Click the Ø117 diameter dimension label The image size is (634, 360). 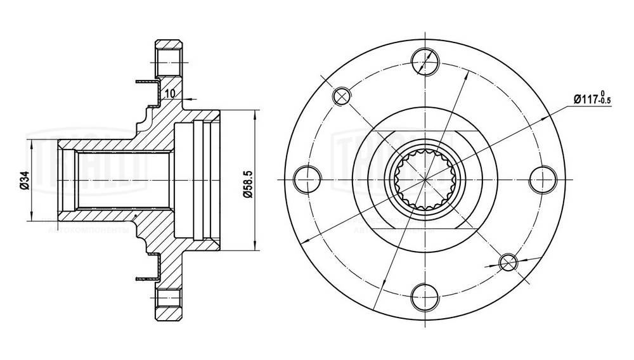587,100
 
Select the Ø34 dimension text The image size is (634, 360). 23,180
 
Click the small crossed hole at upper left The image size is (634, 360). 341,95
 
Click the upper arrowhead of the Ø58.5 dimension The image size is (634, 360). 255,115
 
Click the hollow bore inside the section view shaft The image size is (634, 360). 124,180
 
